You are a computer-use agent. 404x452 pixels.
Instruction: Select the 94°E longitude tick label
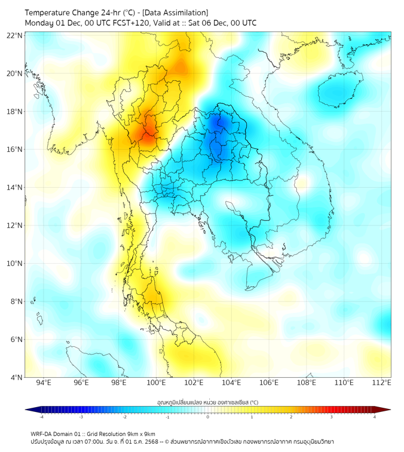point(44,383)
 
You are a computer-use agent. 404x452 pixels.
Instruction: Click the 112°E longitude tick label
point(381,383)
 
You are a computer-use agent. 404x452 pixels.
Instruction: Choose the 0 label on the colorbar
point(207,417)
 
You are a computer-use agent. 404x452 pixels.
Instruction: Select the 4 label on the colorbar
point(375,417)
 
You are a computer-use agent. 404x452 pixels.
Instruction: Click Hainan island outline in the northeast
point(336,91)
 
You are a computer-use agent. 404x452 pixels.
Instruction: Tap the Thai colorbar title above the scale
point(207,402)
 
